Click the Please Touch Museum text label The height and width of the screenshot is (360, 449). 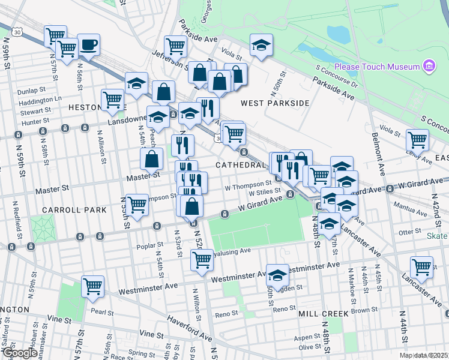(376, 66)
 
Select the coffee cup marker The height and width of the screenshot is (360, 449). (89, 46)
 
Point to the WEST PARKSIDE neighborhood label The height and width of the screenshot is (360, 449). (275, 103)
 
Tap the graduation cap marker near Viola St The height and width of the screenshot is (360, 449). (261, 46)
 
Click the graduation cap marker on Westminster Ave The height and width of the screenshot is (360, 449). (277, 275)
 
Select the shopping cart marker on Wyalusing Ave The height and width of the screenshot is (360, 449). (202, 260)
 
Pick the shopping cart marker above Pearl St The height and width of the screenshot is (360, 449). (92, 287)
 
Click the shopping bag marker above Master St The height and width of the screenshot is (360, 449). (152, 160)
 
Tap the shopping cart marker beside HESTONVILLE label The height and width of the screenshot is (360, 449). (112, 101)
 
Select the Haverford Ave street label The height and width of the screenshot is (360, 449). (189, 327)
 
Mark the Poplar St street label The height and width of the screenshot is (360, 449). (151, 245)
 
